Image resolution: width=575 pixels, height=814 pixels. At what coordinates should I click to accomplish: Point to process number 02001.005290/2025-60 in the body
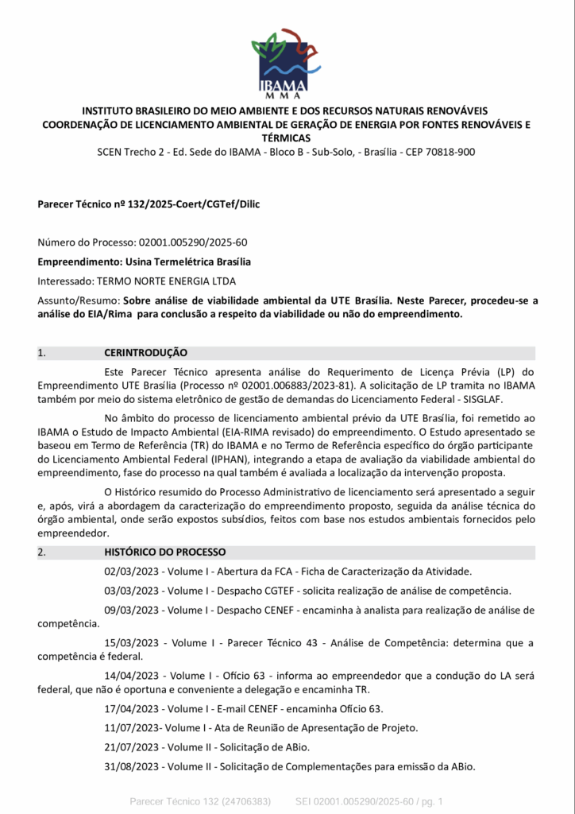192,242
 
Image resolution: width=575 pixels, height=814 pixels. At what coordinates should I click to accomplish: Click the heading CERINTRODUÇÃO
145,352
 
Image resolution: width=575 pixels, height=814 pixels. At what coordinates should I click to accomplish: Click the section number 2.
41,552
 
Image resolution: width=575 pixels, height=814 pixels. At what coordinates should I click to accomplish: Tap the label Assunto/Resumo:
79,300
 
